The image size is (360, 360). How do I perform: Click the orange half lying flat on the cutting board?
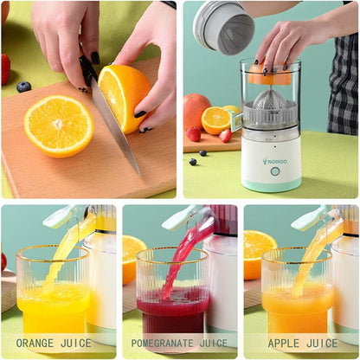pos(59,125)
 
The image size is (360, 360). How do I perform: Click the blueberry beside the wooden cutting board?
pos(23,87)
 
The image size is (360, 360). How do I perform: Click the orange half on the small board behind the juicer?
pos(216,119)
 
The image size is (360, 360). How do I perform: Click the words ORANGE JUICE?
pos(54,343)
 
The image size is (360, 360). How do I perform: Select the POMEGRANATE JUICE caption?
pos(179,343)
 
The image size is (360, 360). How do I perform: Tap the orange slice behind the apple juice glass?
pos(257,247)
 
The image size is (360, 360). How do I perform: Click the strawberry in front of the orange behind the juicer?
pos(195,134)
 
